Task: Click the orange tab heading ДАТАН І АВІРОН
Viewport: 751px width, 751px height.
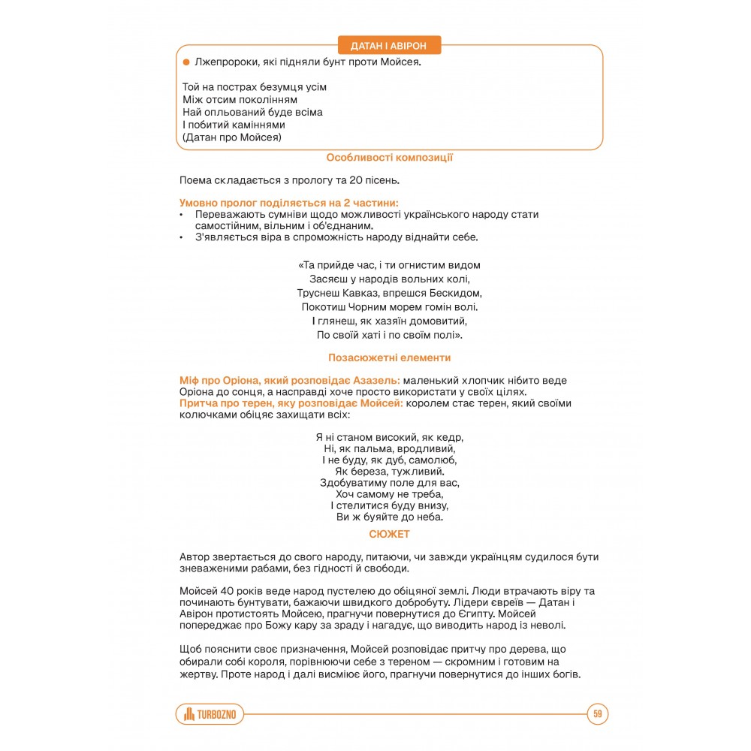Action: click(389, 45)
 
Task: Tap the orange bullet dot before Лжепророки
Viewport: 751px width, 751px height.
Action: click(186, 62)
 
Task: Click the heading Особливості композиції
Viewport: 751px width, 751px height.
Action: click(389, 158)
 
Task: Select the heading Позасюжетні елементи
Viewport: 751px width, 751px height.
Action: click(389, 357)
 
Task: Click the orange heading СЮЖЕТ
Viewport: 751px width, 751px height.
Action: click(389, 534)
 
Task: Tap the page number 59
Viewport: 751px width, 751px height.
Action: click(598, 713)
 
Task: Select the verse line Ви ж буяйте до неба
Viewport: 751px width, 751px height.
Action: click(389, 517)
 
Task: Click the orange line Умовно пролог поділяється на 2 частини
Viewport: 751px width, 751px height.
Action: click(289, 203)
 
